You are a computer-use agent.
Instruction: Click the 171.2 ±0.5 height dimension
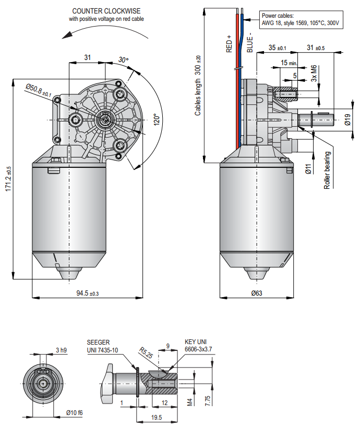8,179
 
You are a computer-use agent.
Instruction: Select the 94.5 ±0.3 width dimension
88,294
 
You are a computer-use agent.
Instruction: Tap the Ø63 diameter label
257,293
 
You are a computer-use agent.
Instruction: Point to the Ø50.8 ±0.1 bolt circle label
39,91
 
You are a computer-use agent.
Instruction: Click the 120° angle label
157,119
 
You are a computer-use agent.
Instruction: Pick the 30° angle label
123,59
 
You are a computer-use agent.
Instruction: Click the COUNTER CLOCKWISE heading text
106,11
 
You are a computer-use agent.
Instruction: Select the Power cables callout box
301,20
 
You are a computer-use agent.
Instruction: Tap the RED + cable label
229,44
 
